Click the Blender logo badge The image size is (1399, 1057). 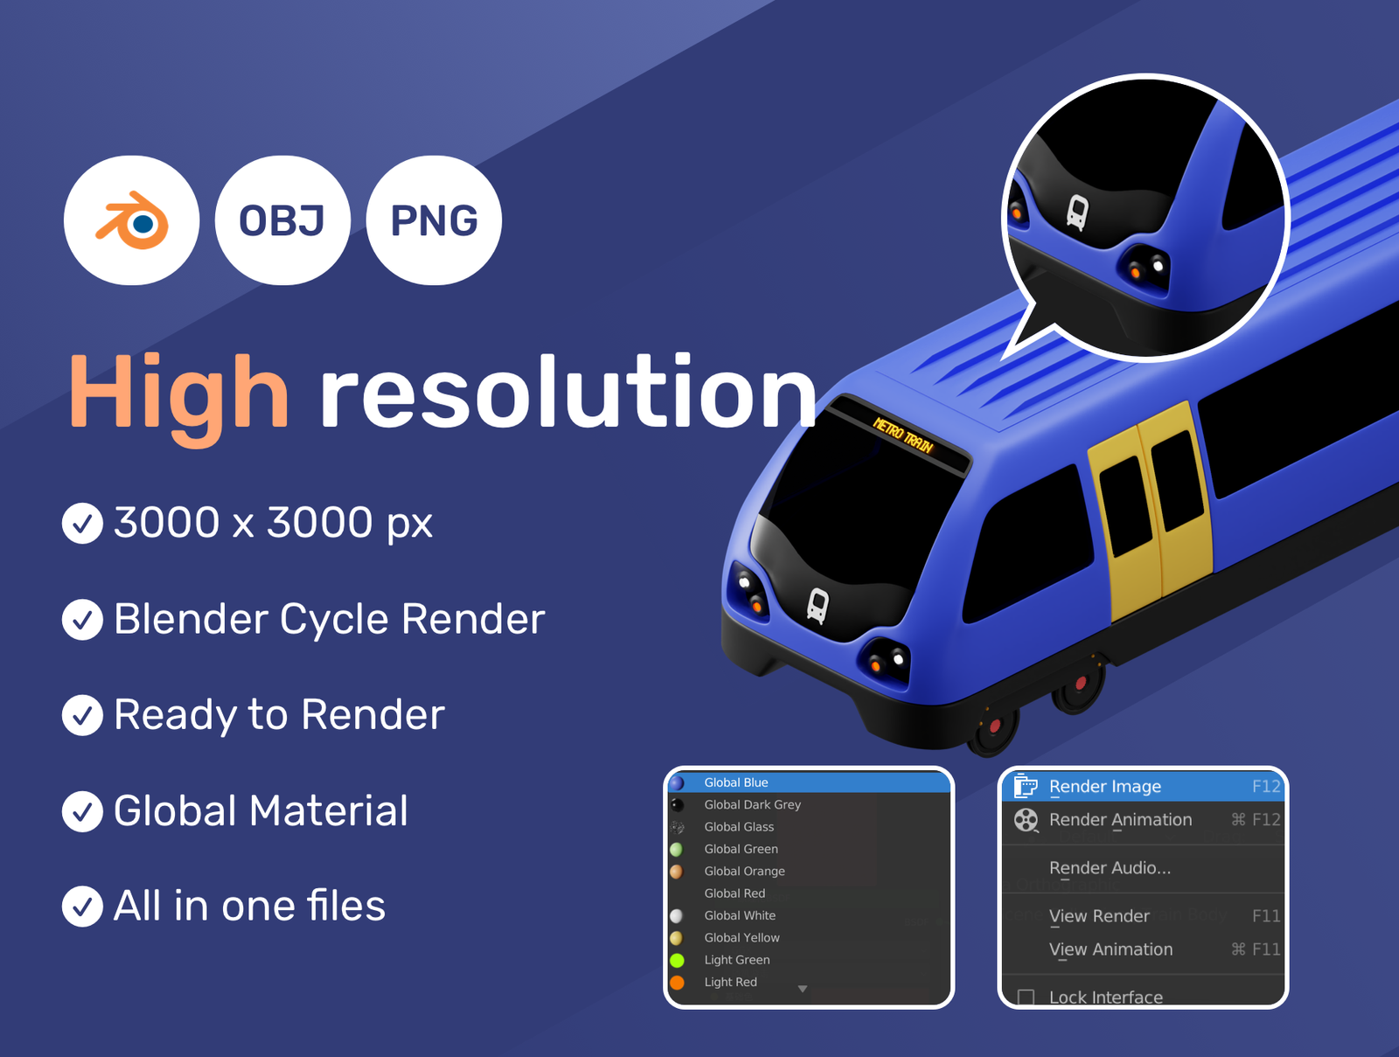coord(131,220)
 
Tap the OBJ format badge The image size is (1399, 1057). coord(282,220)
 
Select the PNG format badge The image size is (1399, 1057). coord(434,220)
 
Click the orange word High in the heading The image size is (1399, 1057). coord(179,396)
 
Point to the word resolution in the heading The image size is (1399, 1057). coord(567,390)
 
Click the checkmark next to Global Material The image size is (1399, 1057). coord(82,811)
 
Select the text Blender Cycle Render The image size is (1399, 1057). coord(329,619)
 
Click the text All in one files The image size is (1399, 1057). coord(249,906)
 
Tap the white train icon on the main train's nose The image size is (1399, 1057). coord(817,605)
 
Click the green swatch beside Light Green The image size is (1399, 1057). coord(677,960)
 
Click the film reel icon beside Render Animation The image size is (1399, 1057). coord(1026,819)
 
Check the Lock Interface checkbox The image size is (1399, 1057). coord(1026,997)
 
